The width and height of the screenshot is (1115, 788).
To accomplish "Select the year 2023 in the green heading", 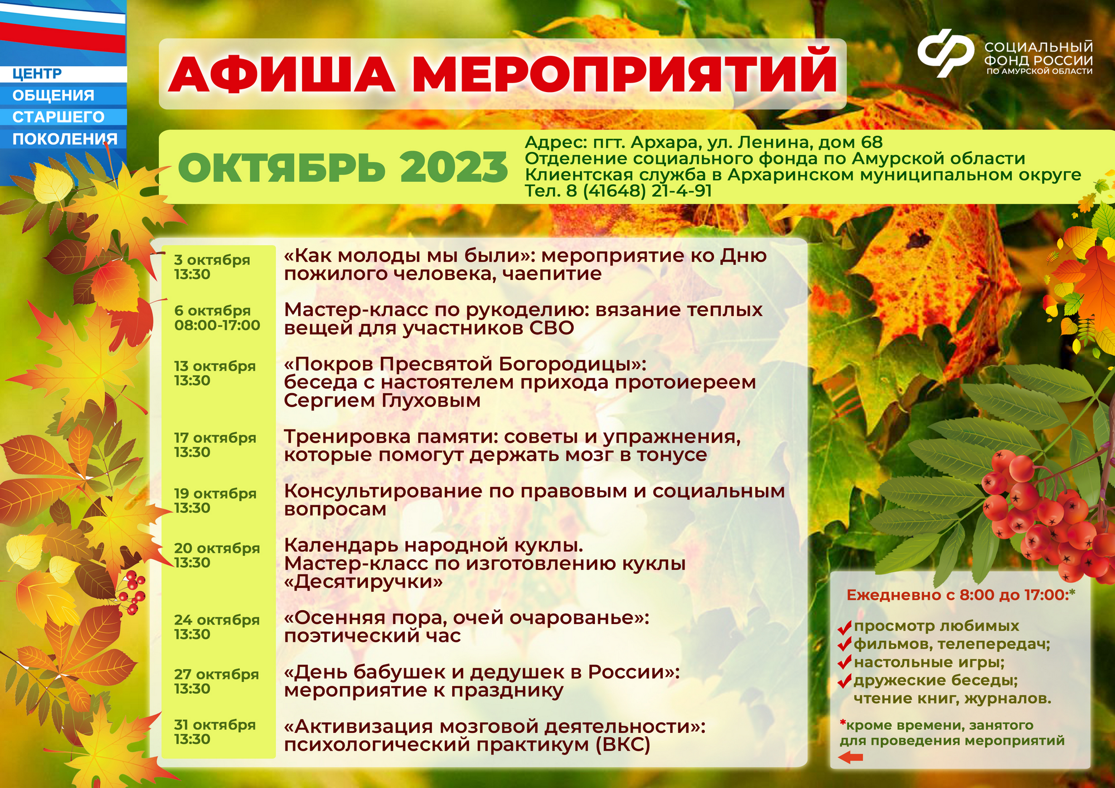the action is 454,167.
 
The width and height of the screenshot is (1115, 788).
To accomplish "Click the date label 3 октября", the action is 212,260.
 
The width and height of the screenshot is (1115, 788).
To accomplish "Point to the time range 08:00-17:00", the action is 217,325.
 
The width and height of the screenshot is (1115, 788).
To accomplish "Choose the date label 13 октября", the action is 215,366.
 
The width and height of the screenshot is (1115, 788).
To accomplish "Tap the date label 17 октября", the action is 215,438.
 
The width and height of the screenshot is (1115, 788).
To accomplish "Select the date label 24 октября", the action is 217,620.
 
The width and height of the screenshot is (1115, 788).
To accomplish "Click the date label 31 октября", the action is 215,725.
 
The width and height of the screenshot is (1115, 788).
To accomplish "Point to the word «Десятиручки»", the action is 363,582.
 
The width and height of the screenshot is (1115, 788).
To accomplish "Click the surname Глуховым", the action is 431,400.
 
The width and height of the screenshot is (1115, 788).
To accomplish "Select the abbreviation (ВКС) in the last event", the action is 623,745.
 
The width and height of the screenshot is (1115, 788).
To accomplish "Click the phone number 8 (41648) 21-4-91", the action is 639,191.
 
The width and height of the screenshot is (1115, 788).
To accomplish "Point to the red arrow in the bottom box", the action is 851,757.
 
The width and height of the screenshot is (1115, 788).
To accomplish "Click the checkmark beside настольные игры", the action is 845,663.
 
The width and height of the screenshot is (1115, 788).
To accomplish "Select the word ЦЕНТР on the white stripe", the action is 37,74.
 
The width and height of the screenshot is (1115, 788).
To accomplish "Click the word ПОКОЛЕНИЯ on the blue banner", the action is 65,139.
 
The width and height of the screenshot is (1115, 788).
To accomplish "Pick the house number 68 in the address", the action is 872,142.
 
